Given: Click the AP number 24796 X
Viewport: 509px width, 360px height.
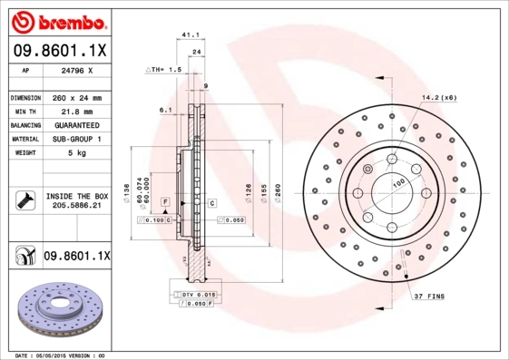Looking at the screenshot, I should (75, 70).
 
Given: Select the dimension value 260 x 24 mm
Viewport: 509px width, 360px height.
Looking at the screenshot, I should (77, 97).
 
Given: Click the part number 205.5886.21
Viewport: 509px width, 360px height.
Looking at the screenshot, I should (76, 207).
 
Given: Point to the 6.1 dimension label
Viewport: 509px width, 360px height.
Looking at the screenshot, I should (165, 111).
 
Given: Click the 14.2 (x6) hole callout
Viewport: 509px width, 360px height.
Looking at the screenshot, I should (437, 97).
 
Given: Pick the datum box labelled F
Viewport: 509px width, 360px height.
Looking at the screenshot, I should (165, 199).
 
